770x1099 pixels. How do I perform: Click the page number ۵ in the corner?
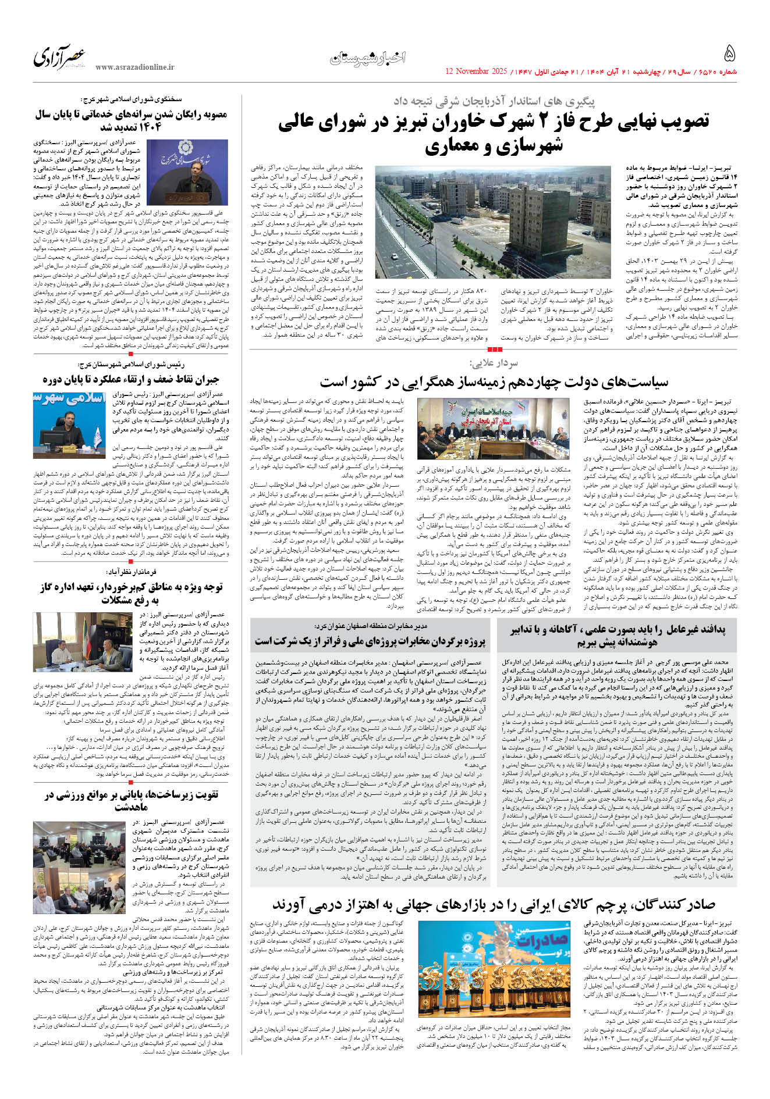(729, 55)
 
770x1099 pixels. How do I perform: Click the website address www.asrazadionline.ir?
(134, 67)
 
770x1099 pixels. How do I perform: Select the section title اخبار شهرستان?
(368, 58)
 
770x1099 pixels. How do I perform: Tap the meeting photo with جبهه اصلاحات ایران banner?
(493, 429)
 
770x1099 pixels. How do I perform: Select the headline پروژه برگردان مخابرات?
(370, 641)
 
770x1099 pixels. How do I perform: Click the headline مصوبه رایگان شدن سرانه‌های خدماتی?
(131, 121)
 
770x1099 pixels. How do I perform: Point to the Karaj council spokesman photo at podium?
(187, 173)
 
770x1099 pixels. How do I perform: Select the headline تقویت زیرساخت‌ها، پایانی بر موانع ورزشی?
(131, 800)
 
